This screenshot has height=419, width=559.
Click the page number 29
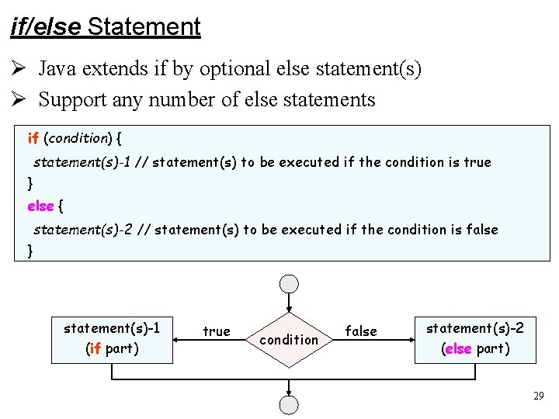(x=539, y=396)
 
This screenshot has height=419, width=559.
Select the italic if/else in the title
(x=46, y=27)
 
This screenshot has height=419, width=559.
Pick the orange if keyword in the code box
(x=33, y=139)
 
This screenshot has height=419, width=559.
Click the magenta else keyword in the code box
(x=40, y=206)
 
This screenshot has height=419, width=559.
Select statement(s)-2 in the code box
(x=82, y=230)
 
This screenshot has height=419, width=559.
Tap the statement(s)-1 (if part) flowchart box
(x=112, y=339)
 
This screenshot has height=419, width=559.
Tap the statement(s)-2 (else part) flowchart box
(x=475, y=339)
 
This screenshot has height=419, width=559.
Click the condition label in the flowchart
(x=289, y=340)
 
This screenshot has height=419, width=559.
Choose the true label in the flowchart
(x=216, y=332)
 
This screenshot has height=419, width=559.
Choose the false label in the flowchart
(x=361, y=332)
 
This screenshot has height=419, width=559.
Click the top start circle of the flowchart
(x=289, y=284)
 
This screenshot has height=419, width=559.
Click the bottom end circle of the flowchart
(x=289, y=404)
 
